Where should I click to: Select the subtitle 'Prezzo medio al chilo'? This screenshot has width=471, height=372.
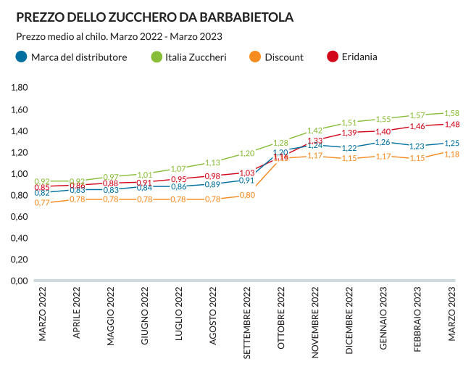[x=61, y=36]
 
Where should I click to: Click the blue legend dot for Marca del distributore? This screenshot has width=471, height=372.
[x=22, y=57]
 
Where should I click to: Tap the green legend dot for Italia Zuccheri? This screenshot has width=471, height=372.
[x=156, y=57]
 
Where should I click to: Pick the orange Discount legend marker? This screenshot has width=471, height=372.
[x=254, y=57]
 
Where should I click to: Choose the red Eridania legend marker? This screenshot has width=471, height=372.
[x=333, y=57]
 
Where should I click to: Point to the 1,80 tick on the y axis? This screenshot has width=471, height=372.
[x=19, y=88]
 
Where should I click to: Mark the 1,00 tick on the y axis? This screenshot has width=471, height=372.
[x=19, y=174]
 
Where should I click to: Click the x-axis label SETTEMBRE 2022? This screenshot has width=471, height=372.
[x=248, y=323]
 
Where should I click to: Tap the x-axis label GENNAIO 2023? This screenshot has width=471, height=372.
[x=384, y=319]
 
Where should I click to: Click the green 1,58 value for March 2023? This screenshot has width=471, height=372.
[x=451, y=113]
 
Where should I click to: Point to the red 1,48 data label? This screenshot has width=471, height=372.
[x=451, y=124]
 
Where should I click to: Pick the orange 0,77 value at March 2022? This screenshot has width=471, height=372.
[x=42, y=203]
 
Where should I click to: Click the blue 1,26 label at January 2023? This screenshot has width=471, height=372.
[x=383, y=142]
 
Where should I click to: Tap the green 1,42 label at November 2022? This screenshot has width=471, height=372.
[x=314, y=131]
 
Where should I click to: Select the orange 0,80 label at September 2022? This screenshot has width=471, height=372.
[x=247, y=195]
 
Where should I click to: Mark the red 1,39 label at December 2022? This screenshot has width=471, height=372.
[x=349, y=133]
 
